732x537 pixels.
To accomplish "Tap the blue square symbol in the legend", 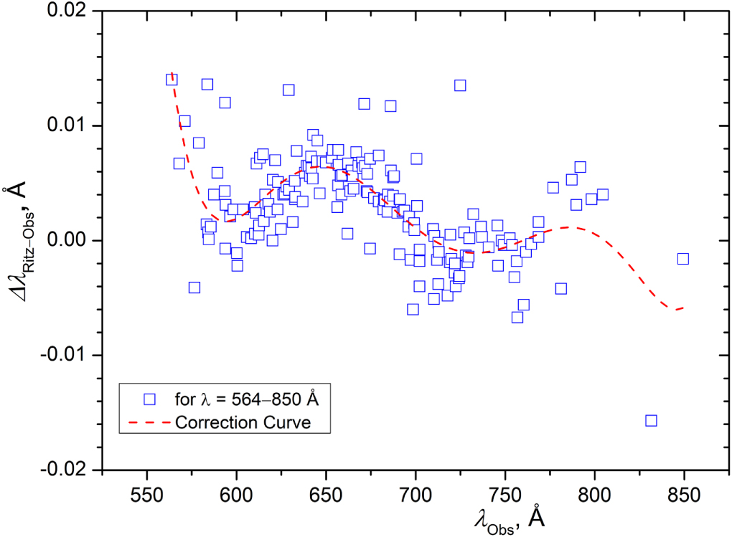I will [149, 398].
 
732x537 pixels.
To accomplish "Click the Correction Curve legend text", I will [243, 422].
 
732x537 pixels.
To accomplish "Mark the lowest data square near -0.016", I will [651, 420].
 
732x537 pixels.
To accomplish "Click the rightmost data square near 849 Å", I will [682, 259].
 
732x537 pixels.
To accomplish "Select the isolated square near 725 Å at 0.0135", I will [460, 85].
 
